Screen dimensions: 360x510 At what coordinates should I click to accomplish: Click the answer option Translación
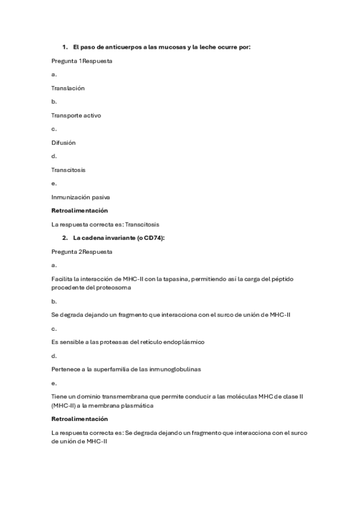click(x=68, y=88)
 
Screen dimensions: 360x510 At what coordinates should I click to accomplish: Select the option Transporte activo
click(x=76, y=115)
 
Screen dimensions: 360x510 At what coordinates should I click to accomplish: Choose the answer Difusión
click(x=63, y=143)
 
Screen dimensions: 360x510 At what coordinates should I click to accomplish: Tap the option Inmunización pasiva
click(x=81, y=197)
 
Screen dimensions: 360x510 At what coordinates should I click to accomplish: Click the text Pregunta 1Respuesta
click(x=82, y=61)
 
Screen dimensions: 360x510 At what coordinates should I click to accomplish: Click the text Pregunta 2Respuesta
click(x=82, y=251)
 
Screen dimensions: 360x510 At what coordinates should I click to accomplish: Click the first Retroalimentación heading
click(x=79, y=210)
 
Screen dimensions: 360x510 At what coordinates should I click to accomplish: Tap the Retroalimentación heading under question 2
click(x=79, y=419)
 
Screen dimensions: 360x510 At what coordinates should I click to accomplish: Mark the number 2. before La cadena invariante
click(x=65, y=238)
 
